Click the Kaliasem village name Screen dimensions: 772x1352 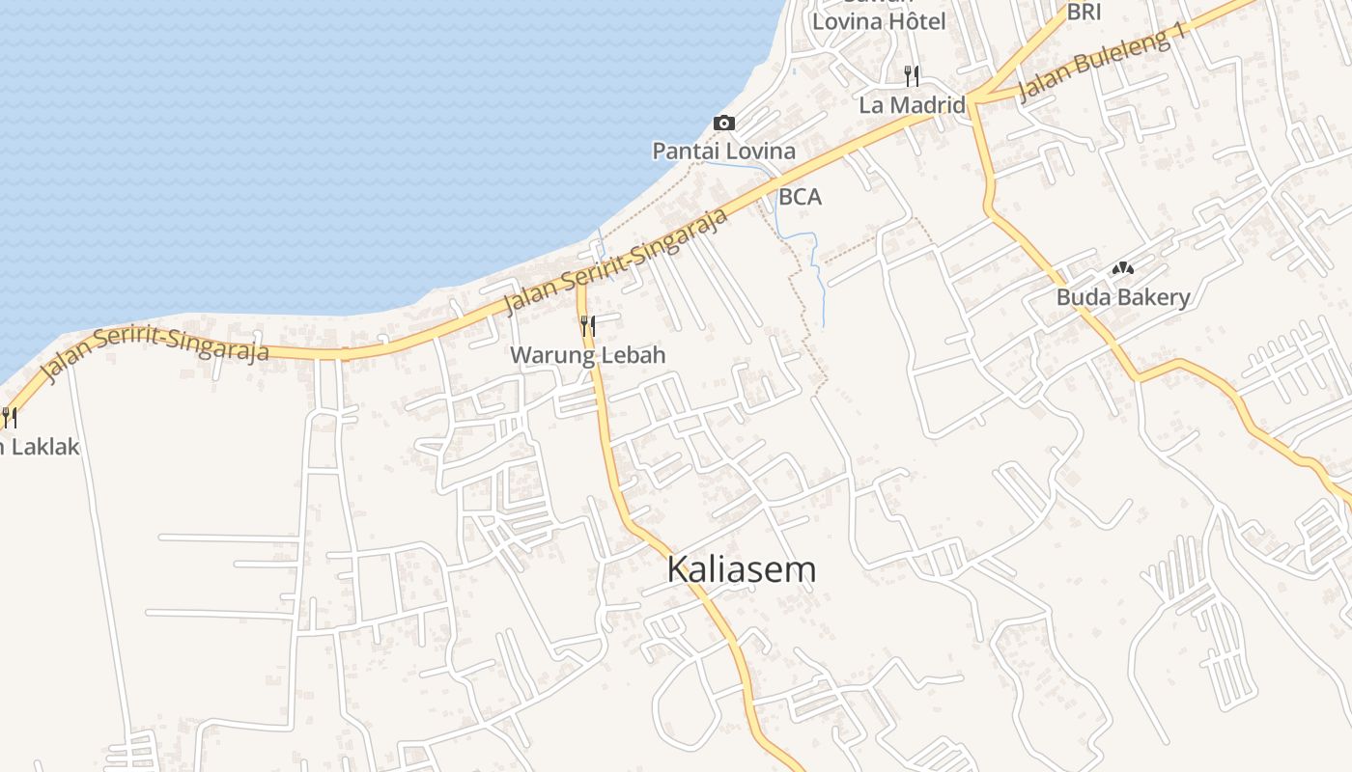coord(741,569)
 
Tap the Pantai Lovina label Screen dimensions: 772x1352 coord(723,152)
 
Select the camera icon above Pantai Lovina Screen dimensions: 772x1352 coord(723,124)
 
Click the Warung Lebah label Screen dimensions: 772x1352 coord(587,355)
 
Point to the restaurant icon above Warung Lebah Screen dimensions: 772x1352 coord(587,326)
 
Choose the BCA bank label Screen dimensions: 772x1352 coord(800,197)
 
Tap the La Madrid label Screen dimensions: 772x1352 coord(912,105)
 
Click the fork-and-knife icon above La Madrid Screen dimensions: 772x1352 coord(911,74)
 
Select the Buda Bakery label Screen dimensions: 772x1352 coord(1122,297)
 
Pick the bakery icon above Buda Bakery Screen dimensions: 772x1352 coord(1122,268)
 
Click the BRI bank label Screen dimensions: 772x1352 coord(1084,13)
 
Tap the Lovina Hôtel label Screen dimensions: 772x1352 coord(878,20)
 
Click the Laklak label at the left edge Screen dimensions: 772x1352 coord(39,447)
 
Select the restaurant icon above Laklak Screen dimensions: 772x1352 coord(9,417)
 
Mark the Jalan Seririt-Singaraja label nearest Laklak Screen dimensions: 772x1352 coord(155,358)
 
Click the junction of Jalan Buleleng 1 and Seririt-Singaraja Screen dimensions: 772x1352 coord(973,97)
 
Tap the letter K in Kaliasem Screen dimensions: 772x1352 coord(679,569)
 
